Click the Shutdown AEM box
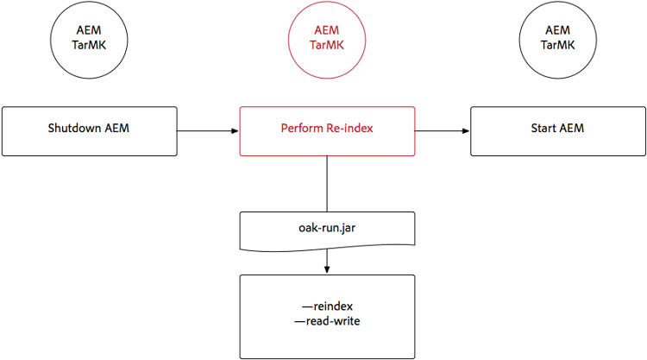click(x=89, y=131)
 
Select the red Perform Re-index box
click(x=326, y=131)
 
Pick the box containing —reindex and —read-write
click(x=326, y=312)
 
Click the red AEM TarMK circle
click(x=326, y=38)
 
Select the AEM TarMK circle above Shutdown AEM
click(x=89, y=38)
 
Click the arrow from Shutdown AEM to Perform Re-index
click(x=207, y=131)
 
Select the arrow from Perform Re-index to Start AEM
click(x=443, y=131)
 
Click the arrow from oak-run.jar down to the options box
click(x=326, y=261)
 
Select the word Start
click(x=544, y=129)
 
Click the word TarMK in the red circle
click(x=326, y=46)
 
